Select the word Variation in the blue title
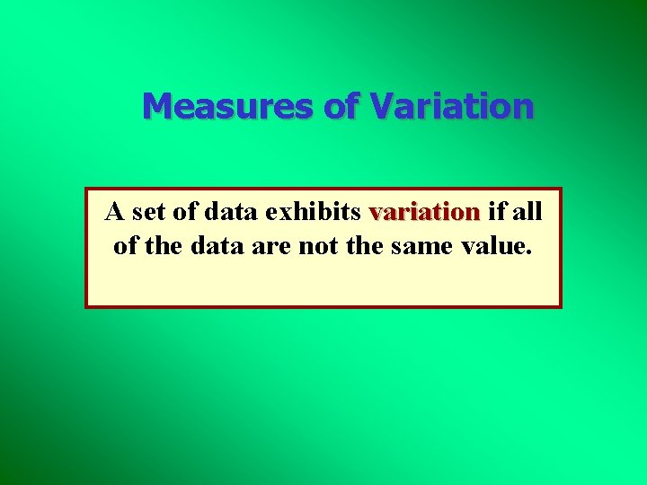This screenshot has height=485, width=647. (x=451, y=106)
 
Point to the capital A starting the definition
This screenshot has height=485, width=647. (x=114, y=213)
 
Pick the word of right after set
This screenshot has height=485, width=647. (x=184, y=213)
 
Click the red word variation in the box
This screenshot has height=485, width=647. (x=424, y=213)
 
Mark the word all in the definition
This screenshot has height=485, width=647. (x=526, y=213)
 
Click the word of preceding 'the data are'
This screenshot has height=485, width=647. (x=126, y=245)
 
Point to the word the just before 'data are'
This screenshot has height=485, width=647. (x=163, y=245)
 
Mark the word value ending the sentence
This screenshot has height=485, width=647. (x=491, y=245)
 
